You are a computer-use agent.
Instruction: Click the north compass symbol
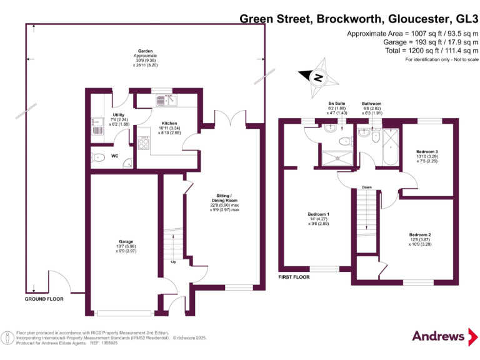319,77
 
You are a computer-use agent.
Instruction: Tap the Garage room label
126,241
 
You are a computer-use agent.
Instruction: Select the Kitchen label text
169,123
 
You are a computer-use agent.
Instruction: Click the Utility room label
117,115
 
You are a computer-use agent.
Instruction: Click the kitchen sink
167,100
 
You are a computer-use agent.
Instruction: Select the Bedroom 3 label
427,152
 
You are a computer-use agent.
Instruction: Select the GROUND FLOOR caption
44,299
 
